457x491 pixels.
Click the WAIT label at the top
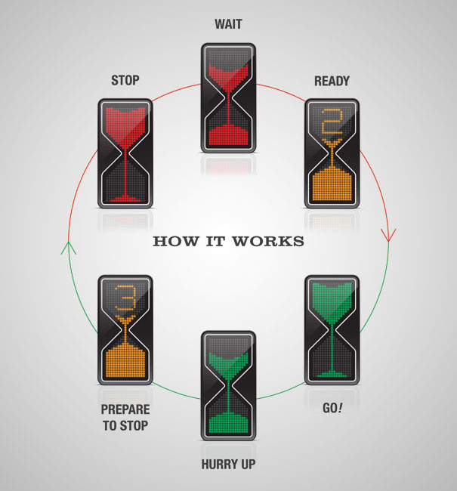[228, 24]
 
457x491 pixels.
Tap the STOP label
[125, 81]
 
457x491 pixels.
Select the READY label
[332, 81]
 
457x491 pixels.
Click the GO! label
[332, 408]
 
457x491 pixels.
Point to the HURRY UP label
[228, 464]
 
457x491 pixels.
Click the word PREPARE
[125, 409]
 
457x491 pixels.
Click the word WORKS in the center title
[268, 242]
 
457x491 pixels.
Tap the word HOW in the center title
[176, 242]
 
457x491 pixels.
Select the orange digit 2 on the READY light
[332, 122]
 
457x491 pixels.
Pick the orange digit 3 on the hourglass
[125, 298]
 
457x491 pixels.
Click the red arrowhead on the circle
[388, 235]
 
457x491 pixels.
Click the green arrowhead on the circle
[69, 248]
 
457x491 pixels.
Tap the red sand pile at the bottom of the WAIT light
[228, 135]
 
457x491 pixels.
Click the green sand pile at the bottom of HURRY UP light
[228, 423]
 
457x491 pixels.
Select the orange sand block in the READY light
[332, 184]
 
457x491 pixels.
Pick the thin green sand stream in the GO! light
[332, 348]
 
